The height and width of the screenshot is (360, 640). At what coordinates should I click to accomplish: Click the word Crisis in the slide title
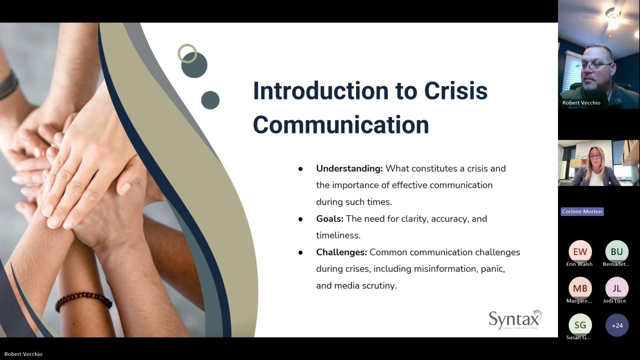455,91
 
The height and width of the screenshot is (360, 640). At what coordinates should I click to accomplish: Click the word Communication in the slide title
340,124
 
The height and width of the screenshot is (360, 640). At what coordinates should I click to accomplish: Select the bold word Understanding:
349,168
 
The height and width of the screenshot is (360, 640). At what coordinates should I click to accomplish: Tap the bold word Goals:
329,218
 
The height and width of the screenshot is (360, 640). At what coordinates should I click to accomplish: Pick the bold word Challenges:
341,252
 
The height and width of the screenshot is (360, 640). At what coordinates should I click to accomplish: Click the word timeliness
338,235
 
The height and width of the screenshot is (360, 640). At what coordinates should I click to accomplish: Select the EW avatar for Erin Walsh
580,251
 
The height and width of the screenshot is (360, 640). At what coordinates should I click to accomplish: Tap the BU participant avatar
616,251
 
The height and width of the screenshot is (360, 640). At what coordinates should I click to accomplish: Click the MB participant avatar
580,288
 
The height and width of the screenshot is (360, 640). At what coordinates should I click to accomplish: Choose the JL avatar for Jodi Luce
616,288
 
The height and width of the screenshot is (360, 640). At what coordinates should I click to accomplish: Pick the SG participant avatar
580,325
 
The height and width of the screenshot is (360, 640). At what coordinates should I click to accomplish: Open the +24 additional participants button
616,325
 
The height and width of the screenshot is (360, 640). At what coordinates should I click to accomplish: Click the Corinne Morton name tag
582,211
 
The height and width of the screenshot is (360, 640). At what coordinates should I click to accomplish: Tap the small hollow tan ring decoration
187,53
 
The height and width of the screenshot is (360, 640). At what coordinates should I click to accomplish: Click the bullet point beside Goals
300,219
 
